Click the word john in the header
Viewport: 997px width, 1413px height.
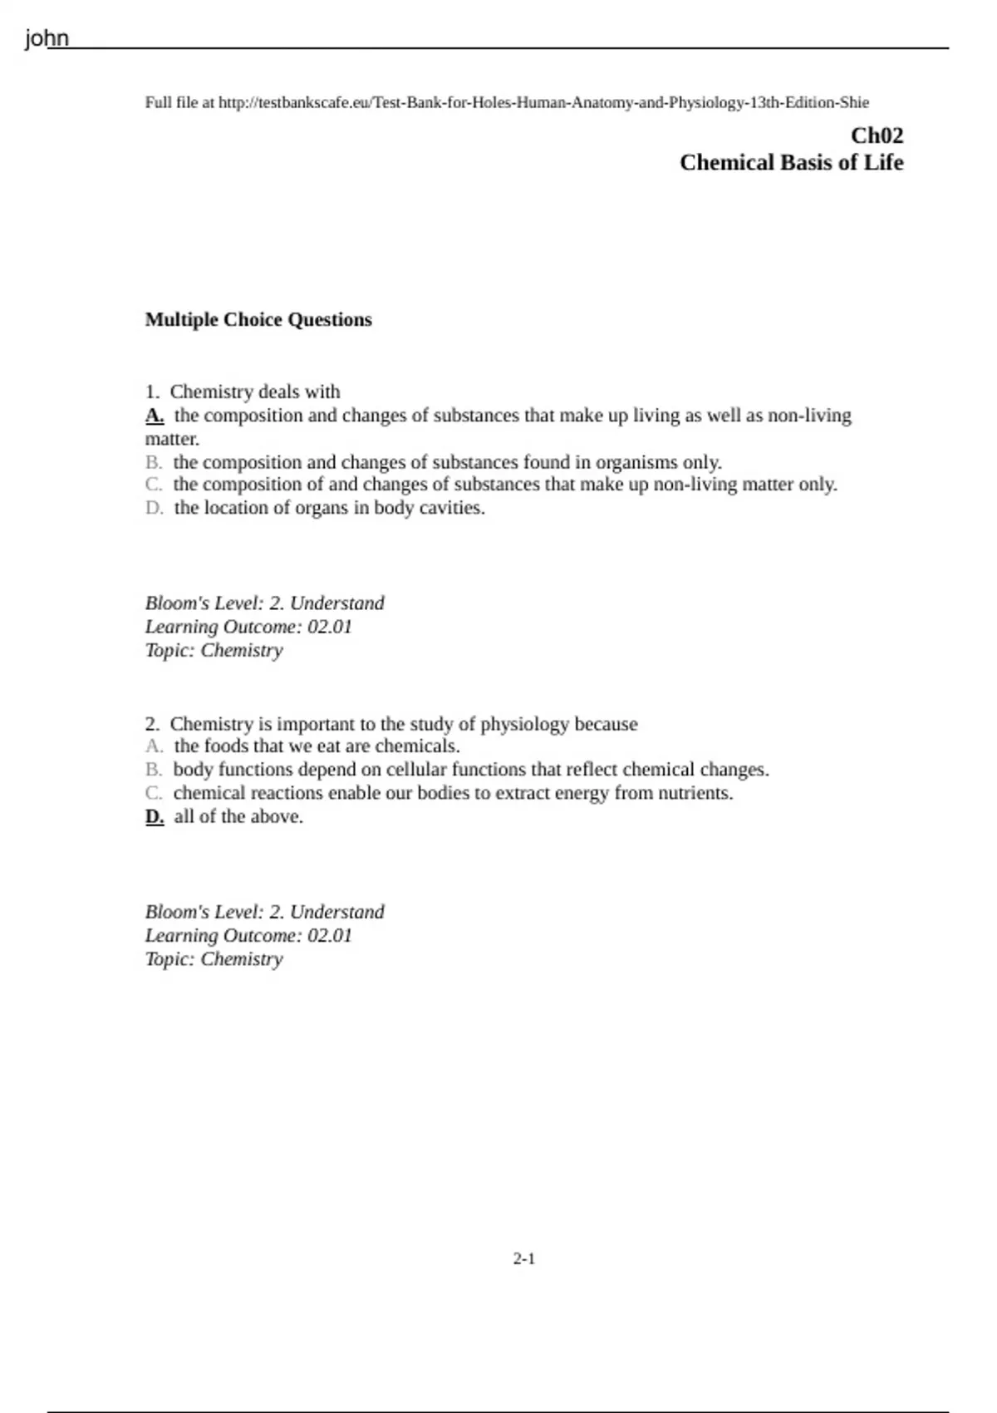click(x=47, y=38)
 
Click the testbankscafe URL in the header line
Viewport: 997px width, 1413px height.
click(x=543, y=103)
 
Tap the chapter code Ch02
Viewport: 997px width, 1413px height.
click(x=877, y=135)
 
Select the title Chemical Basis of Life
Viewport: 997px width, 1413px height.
click(x=791, y=162)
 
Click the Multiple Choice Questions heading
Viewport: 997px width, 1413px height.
click(x=258, y=320)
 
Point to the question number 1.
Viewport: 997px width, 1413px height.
click(x=151, y=392)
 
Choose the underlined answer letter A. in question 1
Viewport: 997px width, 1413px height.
click(x=155, y=416)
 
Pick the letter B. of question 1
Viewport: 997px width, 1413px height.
click(x=154, y=462)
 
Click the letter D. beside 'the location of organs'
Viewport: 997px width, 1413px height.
click(x=154, y=508)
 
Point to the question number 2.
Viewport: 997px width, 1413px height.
click(x=151, y=724)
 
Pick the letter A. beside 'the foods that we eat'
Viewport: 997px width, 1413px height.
click(x=154, y=746)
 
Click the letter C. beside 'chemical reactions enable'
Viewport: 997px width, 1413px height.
click(x=154, y=793)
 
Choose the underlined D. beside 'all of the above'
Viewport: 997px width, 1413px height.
click(x=155, y=817)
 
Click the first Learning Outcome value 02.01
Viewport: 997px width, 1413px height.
click(x=330, y=627)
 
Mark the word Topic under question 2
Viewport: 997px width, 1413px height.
click(x=169, y=959)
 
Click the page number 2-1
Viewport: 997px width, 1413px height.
click(x=524, y=1259)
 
